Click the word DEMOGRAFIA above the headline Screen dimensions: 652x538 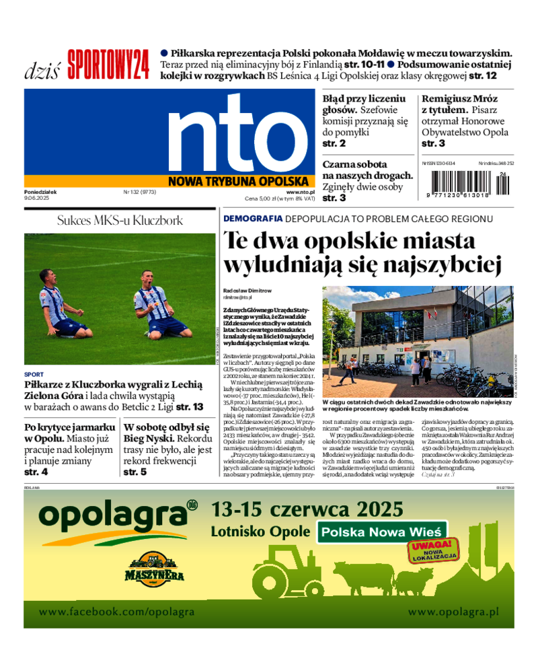[x=253, y=219]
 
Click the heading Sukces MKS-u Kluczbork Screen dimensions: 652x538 [x=120, y=220]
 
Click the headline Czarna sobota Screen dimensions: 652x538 [x=354, y=164]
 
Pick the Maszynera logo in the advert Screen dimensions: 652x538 [x=154, y=569]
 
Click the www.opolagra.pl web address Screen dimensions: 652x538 [x=453, y=612]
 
